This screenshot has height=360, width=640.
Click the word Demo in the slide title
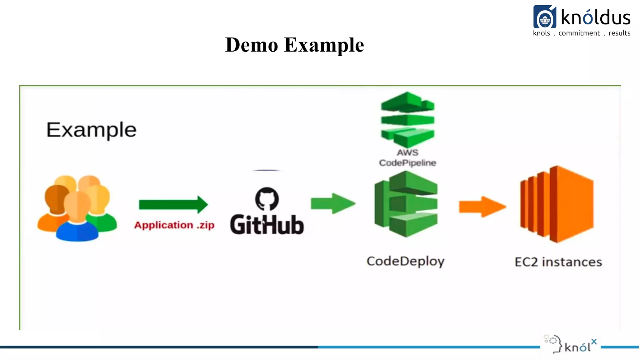252,45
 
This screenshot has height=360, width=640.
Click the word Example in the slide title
324,45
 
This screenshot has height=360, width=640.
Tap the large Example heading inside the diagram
91,130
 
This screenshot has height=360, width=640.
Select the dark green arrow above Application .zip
173,205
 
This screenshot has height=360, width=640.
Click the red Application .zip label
174,225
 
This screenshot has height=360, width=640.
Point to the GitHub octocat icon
267,199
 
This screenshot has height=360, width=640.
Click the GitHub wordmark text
267,225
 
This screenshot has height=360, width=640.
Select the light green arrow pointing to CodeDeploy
333,203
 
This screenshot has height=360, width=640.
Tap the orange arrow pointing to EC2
482,207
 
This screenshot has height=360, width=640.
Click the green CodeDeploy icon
406,204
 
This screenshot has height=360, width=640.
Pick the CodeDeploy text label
405,261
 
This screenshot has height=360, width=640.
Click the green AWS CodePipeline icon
407,120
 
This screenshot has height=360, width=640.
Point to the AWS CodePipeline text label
407,158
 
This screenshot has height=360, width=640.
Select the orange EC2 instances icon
557,204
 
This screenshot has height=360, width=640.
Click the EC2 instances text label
558,262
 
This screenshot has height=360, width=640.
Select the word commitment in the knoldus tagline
579,33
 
